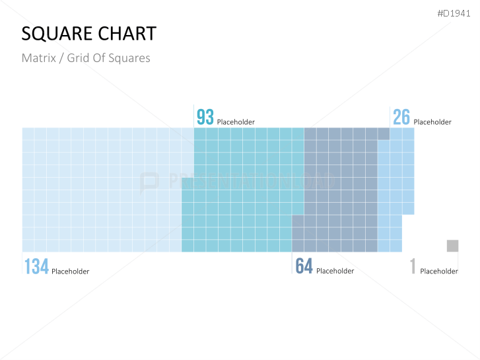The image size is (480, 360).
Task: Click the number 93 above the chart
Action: (x=205, y=117)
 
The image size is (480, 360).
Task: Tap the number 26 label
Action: (x=401, y=117)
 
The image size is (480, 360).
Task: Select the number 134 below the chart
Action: (x=36, y=266)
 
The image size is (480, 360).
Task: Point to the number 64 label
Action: (x=304, y=266)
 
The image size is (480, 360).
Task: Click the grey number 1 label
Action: (x=413, y=266)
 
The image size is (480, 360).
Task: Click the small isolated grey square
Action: (x=452, y=246)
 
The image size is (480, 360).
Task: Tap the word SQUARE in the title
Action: (x=55, y=34)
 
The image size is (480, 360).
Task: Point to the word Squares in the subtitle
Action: (x=131, y=58)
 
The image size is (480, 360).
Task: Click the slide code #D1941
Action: (x=454, y=14)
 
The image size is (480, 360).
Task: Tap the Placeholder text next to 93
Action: (x=236, y=122)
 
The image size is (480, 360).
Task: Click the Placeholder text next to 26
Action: (x=432, y=122)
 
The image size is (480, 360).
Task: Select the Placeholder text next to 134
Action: (x=70, y=271)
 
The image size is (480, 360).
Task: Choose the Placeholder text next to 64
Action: (x=335, y=271)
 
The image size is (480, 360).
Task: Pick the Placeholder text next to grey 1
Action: (x=438, y=271)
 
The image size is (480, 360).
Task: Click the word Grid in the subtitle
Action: (x=78, y=58)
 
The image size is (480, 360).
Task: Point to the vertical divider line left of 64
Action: (x=292, y=264)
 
